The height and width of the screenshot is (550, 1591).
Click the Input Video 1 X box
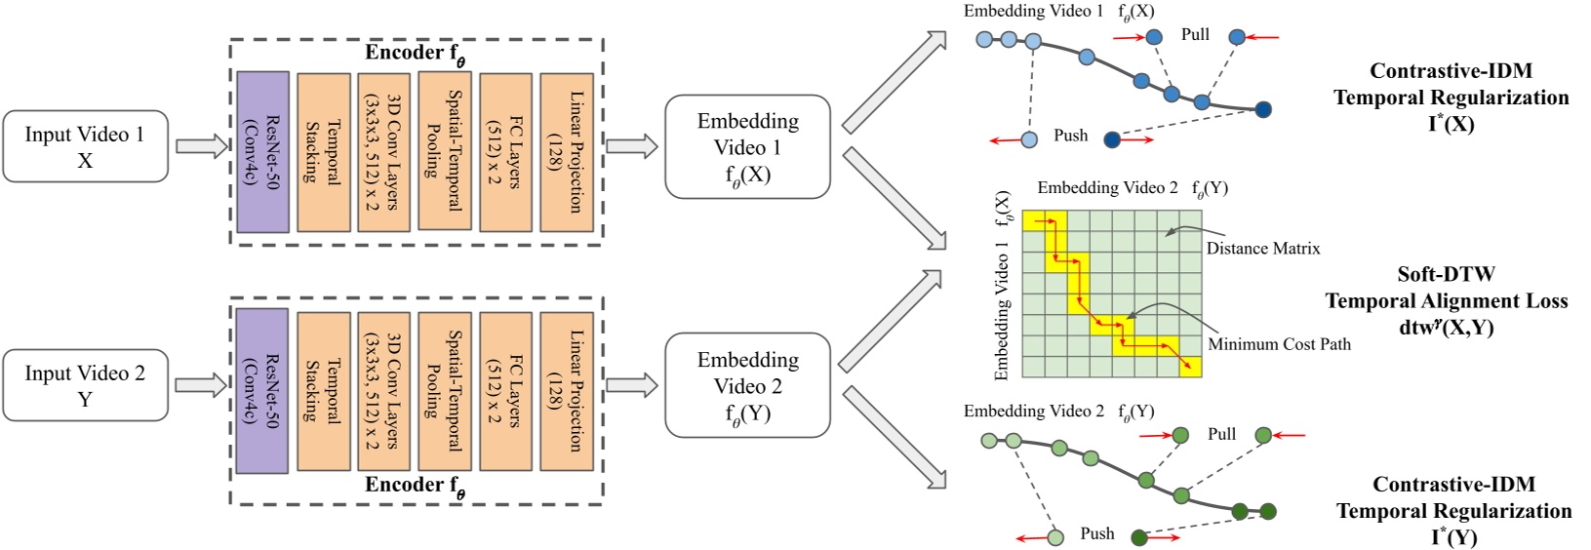pos(85,146)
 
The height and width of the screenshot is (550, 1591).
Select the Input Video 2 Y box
pos(85,385)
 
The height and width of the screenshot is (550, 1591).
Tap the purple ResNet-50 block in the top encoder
pos(262,151)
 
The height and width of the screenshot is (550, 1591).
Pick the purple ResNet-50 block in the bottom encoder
pos(262,390)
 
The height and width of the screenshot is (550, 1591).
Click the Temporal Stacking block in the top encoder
pos(323,151)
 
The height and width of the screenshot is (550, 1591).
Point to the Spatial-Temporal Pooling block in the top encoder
pos(445,151)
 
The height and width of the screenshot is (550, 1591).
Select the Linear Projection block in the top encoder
pos(567,151)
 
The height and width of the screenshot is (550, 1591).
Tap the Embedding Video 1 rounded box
pos(747,146)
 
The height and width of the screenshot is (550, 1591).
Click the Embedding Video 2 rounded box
pos(747,385)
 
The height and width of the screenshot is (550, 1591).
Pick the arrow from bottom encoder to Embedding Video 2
pos(631,385)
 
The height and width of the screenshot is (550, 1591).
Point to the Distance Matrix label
pos(1263,249)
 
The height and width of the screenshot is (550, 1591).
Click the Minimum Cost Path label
pos(1279,344)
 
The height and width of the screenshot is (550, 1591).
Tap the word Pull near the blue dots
pos(1195,35)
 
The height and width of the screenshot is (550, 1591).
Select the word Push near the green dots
pos(1096,534)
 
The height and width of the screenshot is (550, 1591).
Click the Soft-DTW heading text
pos(1446,274)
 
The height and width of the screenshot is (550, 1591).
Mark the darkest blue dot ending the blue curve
pos(1263,109)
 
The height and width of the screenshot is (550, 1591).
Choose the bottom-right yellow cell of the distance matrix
pos(1190,367)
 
